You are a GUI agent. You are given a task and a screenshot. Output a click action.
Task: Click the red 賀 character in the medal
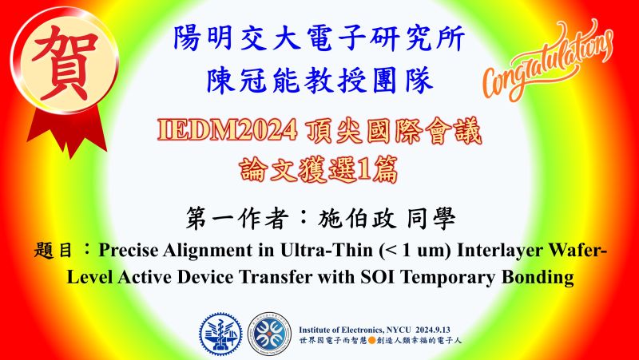point(65,61)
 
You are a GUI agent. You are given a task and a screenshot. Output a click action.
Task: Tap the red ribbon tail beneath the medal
point(67,130)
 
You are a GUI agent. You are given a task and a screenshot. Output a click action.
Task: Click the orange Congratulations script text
point(548,61)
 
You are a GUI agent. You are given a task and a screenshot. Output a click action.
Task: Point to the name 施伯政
point(357,219)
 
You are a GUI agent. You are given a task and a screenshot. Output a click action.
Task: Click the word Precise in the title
point(128,251)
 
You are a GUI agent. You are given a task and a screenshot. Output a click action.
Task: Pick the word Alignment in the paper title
point(208,251)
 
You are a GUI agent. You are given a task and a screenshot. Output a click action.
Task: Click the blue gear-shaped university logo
point(220,334)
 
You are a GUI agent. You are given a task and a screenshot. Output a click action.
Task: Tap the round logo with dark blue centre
point(269,334)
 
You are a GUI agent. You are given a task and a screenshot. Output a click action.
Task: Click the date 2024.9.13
point(433,330)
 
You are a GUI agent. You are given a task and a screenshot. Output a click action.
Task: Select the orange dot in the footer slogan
point(371,341)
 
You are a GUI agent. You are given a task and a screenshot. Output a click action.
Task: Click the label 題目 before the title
point(53,251)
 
